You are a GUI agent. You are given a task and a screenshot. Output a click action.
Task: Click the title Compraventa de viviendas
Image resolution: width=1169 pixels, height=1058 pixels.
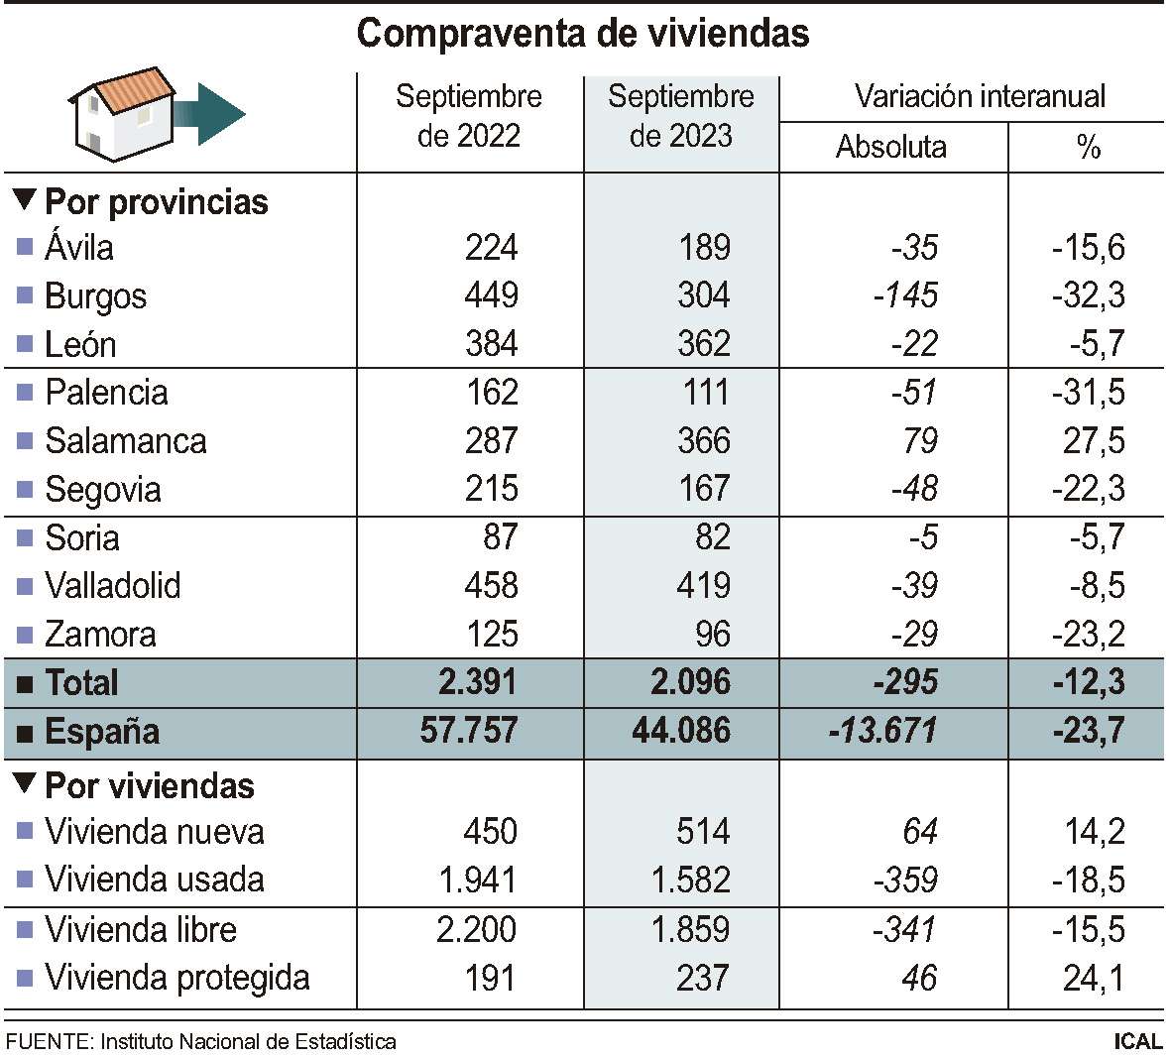[x=583, y=34]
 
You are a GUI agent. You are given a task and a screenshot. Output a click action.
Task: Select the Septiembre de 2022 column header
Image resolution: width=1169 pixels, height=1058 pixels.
[x=469, y=116]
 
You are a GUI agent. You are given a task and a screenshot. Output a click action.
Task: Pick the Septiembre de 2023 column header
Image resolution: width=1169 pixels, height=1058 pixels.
[x=681, y=116]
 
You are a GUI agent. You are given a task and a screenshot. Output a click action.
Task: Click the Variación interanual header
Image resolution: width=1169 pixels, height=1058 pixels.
[x=980, y=96]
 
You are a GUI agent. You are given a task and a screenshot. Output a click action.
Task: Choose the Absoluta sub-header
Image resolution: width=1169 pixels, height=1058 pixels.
[x=890, y=147]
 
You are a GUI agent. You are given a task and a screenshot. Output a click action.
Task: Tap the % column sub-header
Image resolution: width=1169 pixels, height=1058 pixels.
[x=1088, y=148]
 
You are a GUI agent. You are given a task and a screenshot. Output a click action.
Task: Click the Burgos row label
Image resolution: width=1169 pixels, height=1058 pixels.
[x=95, y=296]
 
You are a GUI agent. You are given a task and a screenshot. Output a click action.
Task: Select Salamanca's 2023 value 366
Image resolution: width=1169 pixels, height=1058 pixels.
[x=704, y=440]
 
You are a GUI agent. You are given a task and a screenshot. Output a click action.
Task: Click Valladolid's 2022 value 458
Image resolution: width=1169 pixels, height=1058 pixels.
[x=491, y=586]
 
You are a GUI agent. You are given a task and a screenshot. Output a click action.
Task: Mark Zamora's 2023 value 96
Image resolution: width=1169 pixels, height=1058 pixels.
[x=712, y=635]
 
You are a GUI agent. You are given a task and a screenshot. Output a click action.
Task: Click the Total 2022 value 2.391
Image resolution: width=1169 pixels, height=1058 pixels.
[x=478, y=682]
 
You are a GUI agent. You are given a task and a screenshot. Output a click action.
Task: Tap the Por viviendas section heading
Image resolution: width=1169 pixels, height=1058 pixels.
[x=149, y=786]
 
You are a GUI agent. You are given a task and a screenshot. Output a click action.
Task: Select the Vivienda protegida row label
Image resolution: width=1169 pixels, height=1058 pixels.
[x=176, y=978]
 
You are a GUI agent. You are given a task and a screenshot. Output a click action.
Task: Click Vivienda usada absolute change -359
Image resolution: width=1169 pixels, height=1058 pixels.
[x=908, y=880]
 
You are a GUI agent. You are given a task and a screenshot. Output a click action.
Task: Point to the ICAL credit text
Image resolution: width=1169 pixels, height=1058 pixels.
[x=1137, y=1041]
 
